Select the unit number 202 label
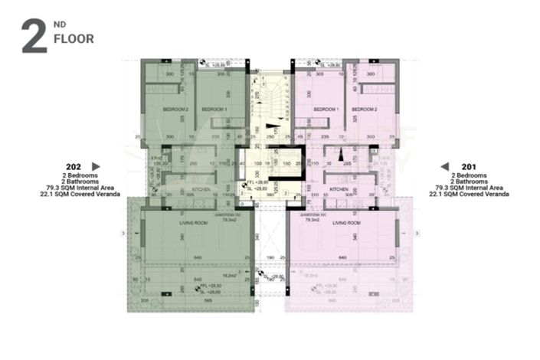(x=74, y=165)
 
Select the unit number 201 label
(x=469, y=165)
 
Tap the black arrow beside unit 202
(x=96, y=165)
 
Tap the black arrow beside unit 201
(x=444, y=165)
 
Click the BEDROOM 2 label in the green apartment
(x=175, y=110)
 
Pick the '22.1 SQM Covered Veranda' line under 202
(x=74, y=194)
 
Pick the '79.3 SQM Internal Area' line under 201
(x=469, y=188)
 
